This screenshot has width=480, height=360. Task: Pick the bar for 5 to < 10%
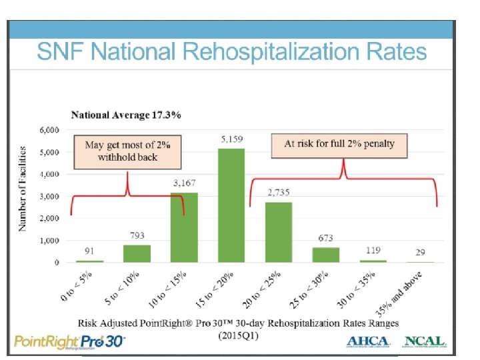[x=137, y=254]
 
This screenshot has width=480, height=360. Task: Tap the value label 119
[x=374, y=251]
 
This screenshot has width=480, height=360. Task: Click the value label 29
[x=421, y=252]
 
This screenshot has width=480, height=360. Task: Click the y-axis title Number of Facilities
[x=23, y=189]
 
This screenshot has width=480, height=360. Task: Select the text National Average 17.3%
[x=126, y=115]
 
